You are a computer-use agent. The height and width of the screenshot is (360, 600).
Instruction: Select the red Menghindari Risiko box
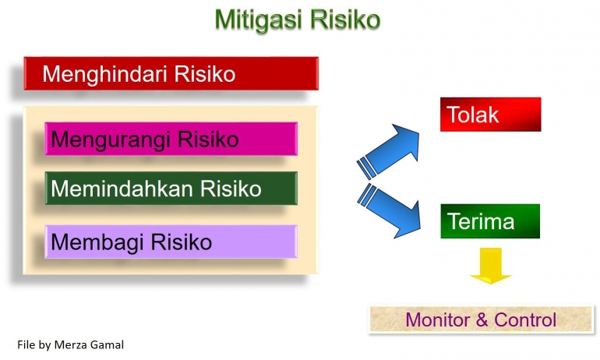(x=171, y=74)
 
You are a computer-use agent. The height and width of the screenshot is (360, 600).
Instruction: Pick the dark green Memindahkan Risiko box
(x=171, y=188)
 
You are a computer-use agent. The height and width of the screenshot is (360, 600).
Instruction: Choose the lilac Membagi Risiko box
(x=171, y=242)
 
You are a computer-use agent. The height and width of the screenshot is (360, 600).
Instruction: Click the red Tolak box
(x=490, y=115)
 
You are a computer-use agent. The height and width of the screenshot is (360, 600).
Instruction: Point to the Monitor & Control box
(x=481, y=319)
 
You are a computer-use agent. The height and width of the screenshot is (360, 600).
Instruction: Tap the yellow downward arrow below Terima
(x=490, y=266)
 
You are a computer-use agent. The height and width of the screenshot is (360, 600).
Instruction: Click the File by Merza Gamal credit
(x=69, y=343)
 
